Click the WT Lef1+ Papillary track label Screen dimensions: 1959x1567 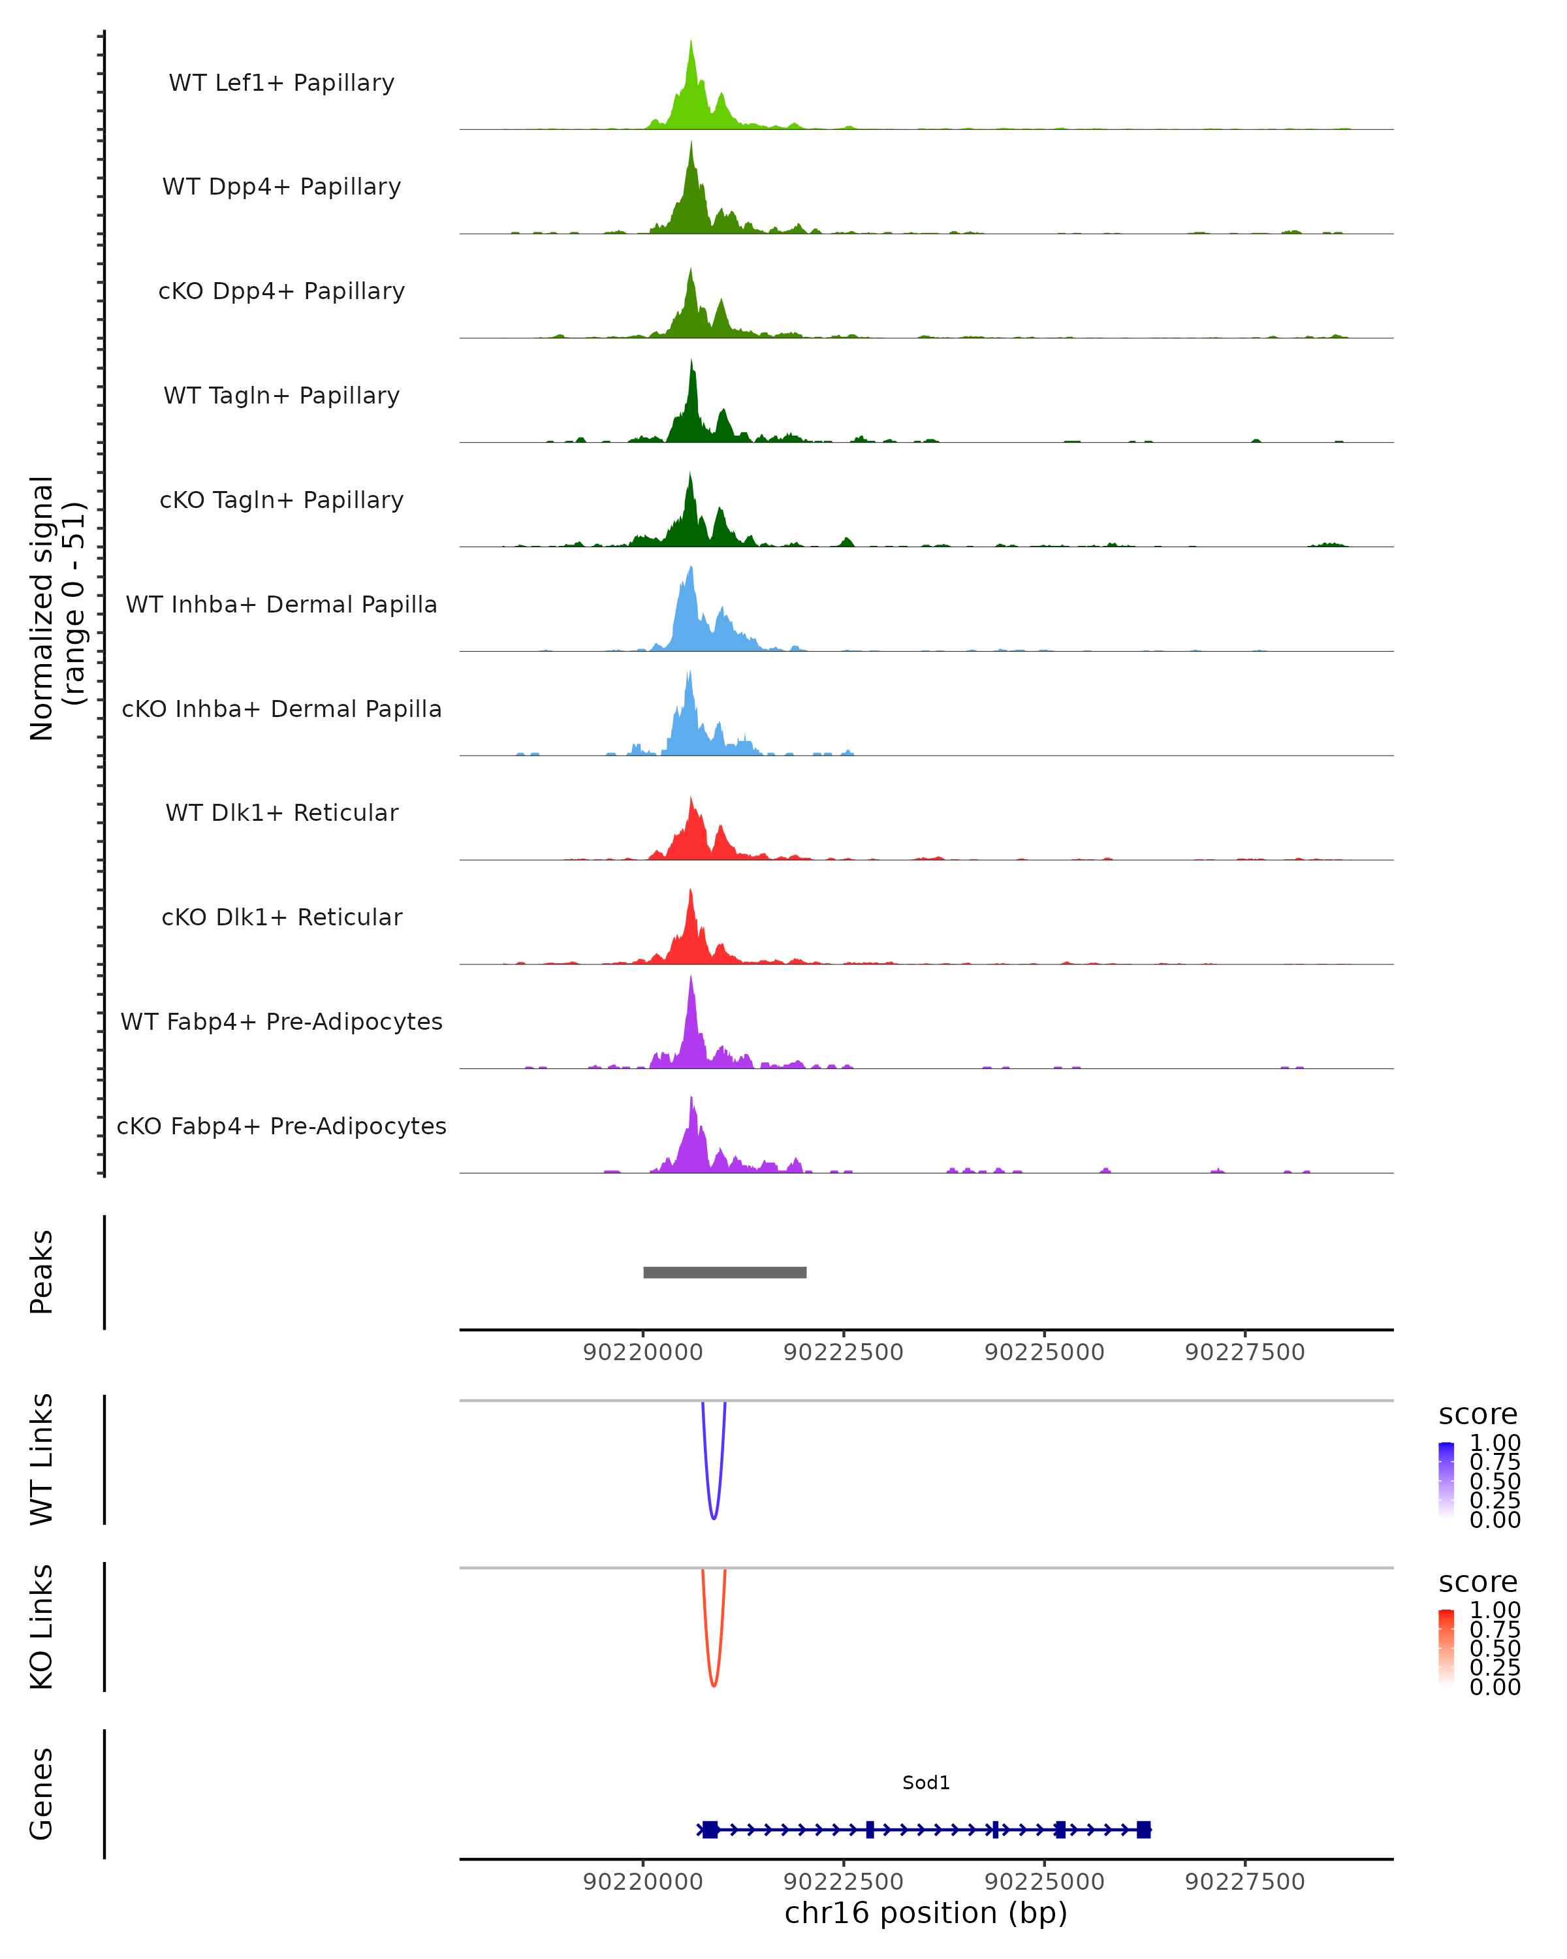click(x=281, y=83)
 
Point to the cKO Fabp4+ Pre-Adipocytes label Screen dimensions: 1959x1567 click(x=281, y=1126)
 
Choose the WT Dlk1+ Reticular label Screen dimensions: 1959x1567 click(x=281, y=812)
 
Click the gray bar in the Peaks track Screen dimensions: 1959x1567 click(x=724, y=1272)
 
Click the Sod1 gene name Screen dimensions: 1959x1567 click(x=926, y=1783)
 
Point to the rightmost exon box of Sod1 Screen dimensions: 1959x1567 click(x=1143, y=1829)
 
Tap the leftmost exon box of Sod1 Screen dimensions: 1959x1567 click(x=710, y=1829)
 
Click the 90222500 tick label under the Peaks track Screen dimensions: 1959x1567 click(x=843, y=1352)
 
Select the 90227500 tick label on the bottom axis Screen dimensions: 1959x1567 click(x=1244, y=1882)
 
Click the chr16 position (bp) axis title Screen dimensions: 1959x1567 click(x=926, y=1913)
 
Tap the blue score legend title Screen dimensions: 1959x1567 click(x=1477, y=1415)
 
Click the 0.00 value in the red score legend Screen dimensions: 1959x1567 click(x=1495, y=1687)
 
